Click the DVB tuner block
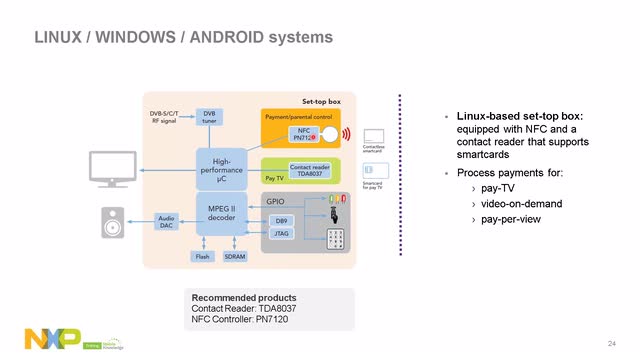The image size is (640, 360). point(209,117)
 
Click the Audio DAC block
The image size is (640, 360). point(166,221)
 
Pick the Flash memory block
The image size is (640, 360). point(202,257)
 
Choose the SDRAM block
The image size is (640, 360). point(235,257)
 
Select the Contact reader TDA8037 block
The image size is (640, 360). point(309,169)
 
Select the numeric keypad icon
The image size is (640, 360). point(337,237)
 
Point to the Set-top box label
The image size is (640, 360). point(323,102)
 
